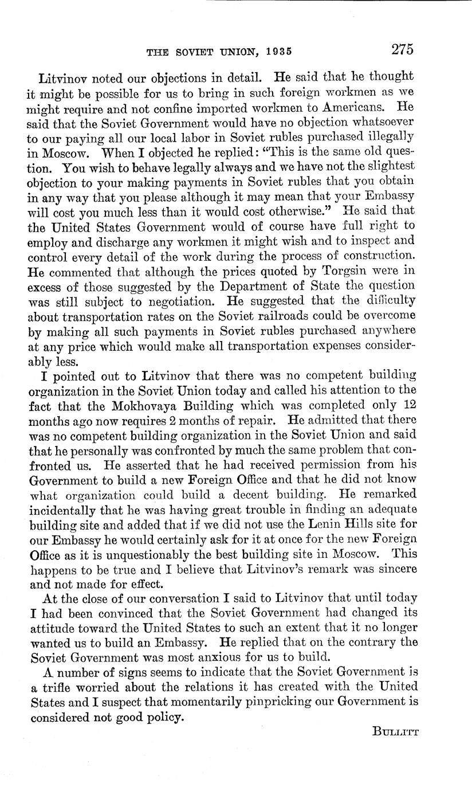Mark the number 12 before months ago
[x=406, y=404]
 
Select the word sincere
[x=395, y=569]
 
